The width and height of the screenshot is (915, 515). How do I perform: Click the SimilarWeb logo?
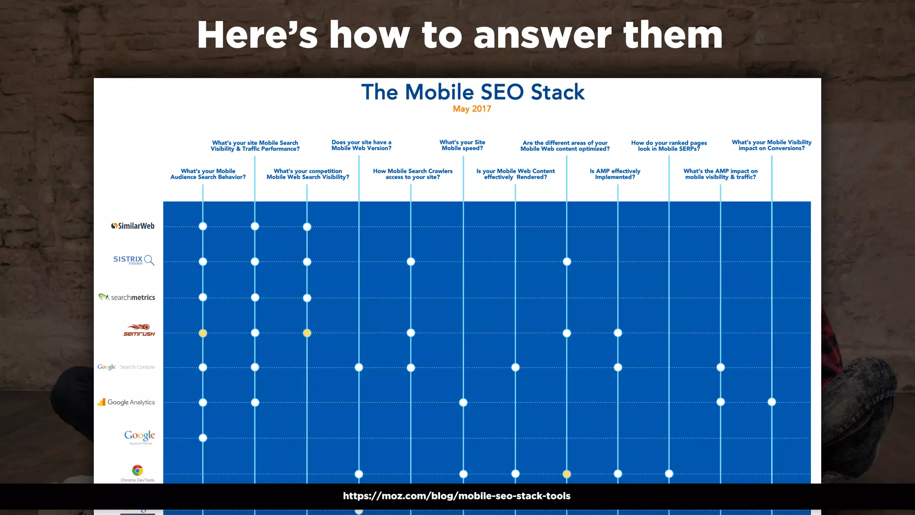pos(133,226)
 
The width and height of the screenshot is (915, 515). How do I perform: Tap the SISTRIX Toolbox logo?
pos(134,260)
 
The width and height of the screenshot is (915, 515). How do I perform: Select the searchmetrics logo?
pos(127,297)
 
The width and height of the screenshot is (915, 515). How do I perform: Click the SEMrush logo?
pos(139,331)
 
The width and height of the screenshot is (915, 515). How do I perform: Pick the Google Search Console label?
pos(126,367)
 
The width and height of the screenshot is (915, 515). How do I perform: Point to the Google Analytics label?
pos(126,402)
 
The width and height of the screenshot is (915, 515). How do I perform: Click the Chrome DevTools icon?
pos(138,471)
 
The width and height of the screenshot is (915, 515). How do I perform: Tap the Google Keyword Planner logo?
pos(140,436)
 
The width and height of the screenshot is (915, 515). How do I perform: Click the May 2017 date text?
pos(472,109)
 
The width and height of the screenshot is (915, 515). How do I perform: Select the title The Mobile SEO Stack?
pos(473,92)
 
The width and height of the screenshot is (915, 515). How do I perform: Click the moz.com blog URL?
pos(457,496)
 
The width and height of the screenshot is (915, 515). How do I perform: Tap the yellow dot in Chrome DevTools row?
pos(567,474)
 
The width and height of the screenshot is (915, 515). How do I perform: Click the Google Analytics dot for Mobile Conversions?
pos(772,402)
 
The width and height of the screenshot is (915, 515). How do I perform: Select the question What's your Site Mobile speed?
pos(462,145)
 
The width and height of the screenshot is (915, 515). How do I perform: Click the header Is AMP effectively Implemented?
pos(615,174)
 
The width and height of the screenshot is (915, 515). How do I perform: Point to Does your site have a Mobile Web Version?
pos(361,145)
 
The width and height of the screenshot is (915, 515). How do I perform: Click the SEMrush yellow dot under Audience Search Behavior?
pos(203,333)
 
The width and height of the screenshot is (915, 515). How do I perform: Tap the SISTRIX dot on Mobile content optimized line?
pos(567,262)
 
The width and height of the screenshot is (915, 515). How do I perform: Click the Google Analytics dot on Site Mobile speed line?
pos(463,403)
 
